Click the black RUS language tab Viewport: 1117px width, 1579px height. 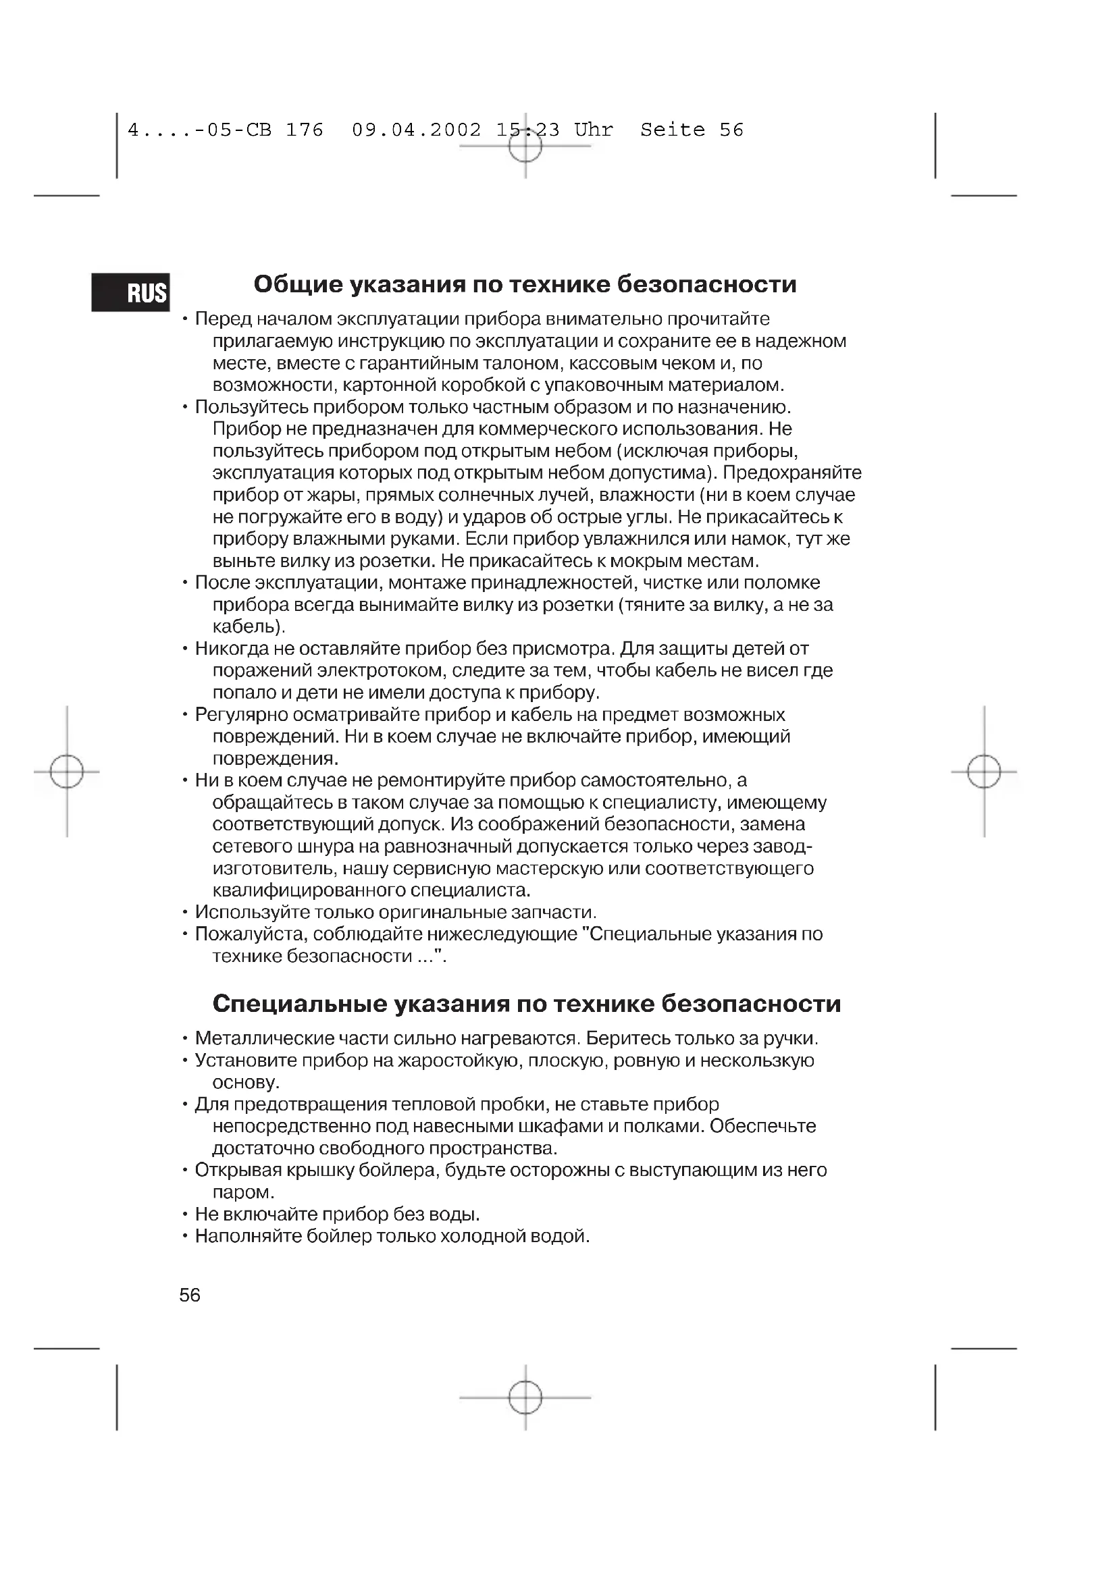[131, 292]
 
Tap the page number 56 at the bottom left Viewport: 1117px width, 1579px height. [190, 1295]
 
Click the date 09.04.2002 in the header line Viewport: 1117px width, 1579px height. [416, 130]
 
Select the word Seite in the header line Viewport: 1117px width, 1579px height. [672, 130]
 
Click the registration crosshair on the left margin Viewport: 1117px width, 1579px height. [67, 771]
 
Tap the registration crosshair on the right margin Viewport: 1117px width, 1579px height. [983, 771]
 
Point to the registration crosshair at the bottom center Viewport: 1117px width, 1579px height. [525, 1397]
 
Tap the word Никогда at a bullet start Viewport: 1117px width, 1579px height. [232, 649]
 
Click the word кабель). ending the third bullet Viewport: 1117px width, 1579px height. [249, 626]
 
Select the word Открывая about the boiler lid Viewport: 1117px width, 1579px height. [238, 1170]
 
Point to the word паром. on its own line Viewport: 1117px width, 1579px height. [243, 1192]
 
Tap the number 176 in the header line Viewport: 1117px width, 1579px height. [304, 130]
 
